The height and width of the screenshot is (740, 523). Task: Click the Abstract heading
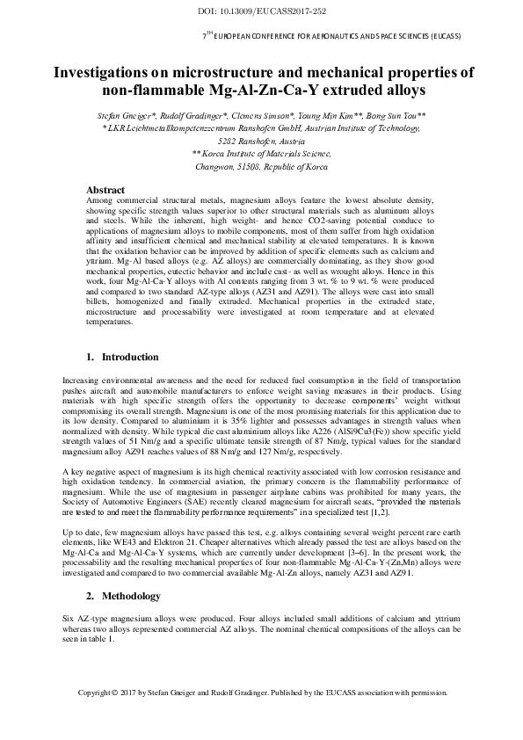tap(105, 190)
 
